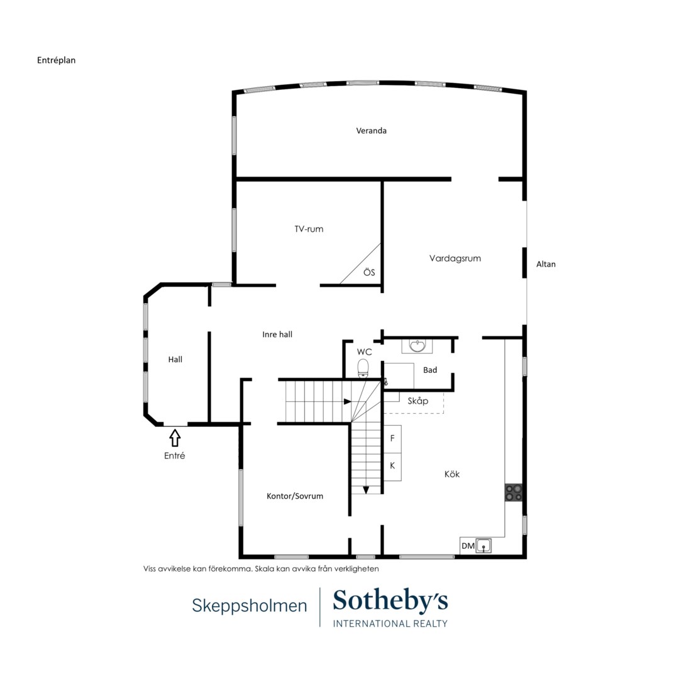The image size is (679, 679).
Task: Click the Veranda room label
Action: pos(371,130)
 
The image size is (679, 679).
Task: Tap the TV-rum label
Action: pos(309,229)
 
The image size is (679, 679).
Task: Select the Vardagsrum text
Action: pos(455,258)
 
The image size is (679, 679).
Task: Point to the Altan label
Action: pos(546,263)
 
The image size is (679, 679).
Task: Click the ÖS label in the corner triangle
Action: pos(369,272)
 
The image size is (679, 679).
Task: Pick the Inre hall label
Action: pos(277,334)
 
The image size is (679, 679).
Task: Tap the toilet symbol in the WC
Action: pos(363,368)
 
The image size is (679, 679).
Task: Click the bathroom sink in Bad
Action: pos(417,346)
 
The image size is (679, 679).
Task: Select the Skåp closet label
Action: pos(418,400)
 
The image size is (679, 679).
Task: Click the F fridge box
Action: pos(392,438)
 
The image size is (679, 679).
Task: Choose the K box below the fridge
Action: pos(392,466)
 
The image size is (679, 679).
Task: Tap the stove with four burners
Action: pos(514,492)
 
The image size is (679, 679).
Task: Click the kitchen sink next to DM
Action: pos(483,546)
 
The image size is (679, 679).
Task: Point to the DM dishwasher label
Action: pos(468,546)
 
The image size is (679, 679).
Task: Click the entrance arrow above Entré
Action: pos(175,438)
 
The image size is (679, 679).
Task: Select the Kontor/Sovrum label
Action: pos(295,496)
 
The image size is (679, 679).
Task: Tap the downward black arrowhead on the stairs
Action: pos(366,490)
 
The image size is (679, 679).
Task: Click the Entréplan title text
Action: pos(57,60)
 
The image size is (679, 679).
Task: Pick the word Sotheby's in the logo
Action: pos(390,601)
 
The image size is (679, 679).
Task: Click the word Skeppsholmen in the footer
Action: pos(250,605)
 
